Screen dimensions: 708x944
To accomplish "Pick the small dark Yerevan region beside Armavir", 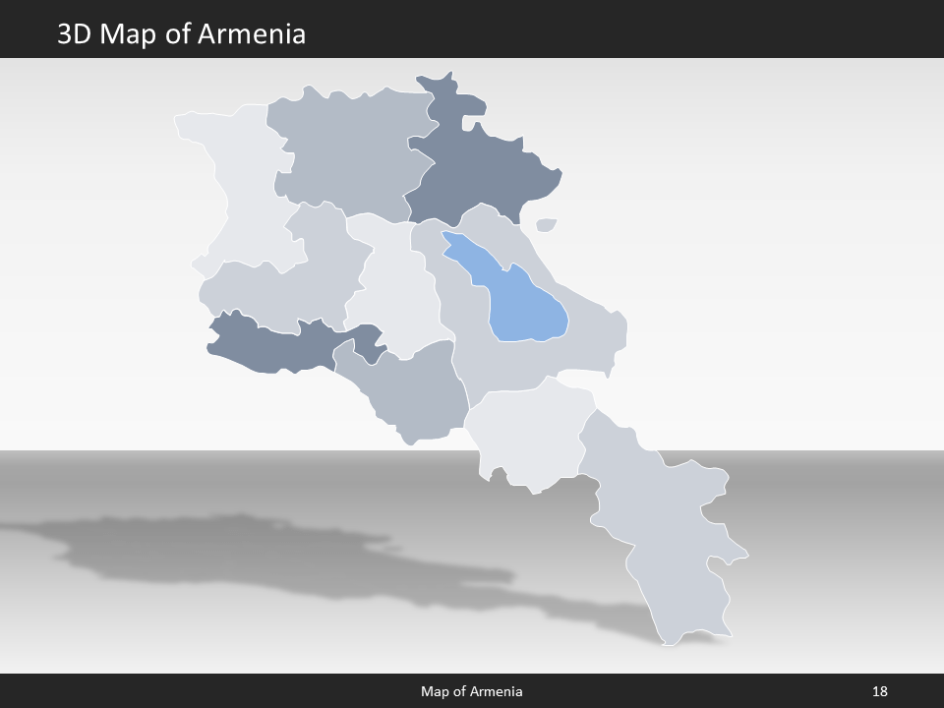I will (x=368, y=344).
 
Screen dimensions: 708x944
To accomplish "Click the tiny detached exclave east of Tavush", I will (x=547, y=224).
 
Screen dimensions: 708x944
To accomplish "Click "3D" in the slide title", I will (x=76, y=34).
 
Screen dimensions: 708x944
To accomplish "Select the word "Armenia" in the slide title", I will (x=252, y=34).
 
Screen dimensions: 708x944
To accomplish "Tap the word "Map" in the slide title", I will (x=130, y=34).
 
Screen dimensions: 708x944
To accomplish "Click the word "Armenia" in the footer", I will (x=498, y=691).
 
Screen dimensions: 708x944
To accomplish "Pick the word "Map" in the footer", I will (x=435, y=691).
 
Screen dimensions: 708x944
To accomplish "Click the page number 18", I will (x=879, y=691).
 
